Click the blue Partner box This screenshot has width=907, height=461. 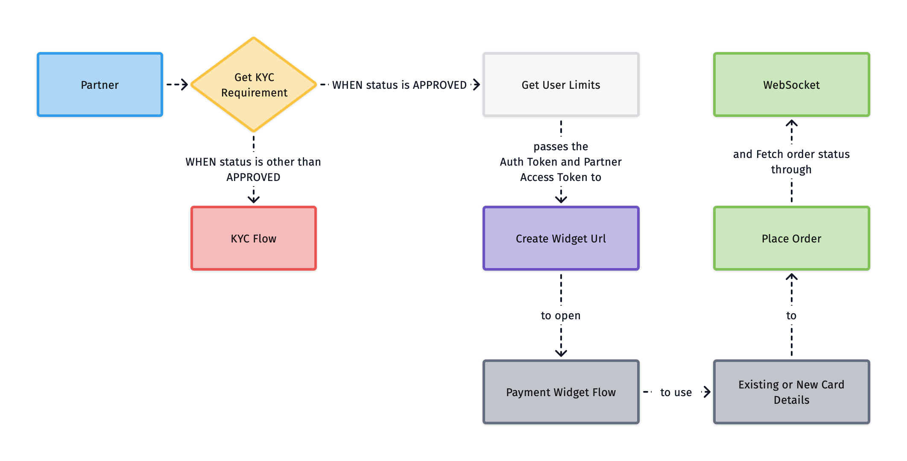pyautogui.click(x=100, y=85)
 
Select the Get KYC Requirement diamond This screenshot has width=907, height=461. pyautogui.click(x=254, y=85)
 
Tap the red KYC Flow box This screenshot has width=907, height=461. pyautogui.click(x=254, y=238)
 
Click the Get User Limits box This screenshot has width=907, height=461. pyautogui.click(x=561, y=85)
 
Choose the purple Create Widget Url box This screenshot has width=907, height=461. pyautogui.click(x=561, y=238)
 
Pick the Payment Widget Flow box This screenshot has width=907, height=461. pyautogui.click(x=561, y=392)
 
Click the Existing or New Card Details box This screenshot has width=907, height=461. pyautogui.click(x=791, y=392)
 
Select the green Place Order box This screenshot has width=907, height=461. pyautogui.click(x=791, y=238)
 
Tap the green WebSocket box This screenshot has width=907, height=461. pyautogui.click(x=791, y=85)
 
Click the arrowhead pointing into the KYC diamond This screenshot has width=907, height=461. pyautogui.click(x=184, y=85)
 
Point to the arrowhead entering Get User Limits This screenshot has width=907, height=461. pyautogui.click(x=477, y=85)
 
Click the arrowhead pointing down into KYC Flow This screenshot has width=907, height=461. pyautogui.click(x=254, y=199)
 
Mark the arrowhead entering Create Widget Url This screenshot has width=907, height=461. pyautogui.click(x=561, y=199)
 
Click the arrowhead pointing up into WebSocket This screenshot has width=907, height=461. pyautogui.click(x=791, y=123)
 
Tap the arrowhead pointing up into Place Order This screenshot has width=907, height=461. pyautogui.click(x=791, y=277)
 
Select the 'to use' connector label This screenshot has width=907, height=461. pyautogui.click(x=676, y=392)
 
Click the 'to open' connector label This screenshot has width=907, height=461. pyautogui.click(x=561, y=315)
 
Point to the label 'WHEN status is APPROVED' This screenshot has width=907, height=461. pyautogui.click(x=399, y=85)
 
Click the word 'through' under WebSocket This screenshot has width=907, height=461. pyautogui.click(x=791, y=169)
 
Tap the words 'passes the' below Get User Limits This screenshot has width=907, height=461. pyautogui.click(x=561, y=146)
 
